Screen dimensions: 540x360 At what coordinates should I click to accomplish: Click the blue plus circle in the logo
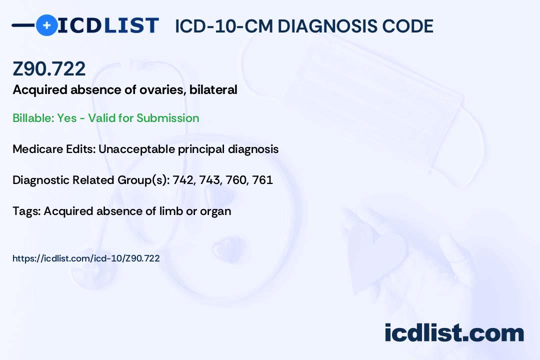[46, 25]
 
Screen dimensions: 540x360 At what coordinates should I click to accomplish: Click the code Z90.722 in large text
[49, 69]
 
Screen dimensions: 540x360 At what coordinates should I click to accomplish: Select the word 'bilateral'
[213, 89]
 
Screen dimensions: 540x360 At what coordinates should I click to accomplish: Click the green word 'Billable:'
[33, 118]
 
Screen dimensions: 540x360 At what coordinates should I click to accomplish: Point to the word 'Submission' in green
[167, 118]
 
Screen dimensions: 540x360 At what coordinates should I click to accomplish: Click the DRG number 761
[262, 180]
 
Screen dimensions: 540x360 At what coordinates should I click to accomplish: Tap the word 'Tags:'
[26, 211]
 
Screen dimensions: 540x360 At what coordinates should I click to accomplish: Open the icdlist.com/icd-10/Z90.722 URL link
[86, 258]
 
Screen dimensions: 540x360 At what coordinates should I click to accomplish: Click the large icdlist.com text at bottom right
[454, 333]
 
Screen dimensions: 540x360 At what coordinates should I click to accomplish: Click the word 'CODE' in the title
[403, 26]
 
